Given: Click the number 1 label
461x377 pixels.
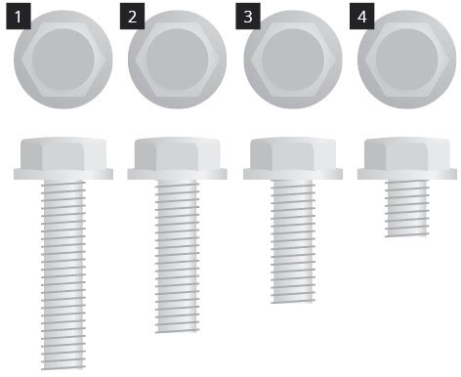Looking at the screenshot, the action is pos(19,17).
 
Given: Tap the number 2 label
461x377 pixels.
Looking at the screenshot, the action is pos(132,17).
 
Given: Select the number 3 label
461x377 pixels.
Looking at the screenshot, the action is pos(248,17).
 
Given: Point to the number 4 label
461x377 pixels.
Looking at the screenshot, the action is pos(362,17).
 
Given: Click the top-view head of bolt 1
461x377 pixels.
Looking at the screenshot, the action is pos(63,60).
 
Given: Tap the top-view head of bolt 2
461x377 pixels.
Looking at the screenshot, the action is pos(177,60).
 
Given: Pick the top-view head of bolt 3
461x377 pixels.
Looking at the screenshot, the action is pos(293,60).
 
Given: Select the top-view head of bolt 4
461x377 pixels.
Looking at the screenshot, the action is pos(407,60).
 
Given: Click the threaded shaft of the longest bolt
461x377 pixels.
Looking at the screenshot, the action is pos(63,274).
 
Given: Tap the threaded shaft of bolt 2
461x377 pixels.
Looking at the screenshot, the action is pos(178,256).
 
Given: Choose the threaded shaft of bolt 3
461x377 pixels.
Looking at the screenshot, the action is pos(293,241).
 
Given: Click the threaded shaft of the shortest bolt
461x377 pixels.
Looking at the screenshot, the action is pos(407,208).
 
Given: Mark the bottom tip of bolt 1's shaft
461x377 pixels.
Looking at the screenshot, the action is pos(63,369).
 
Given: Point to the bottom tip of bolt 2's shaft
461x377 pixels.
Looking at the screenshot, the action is pos(178,332).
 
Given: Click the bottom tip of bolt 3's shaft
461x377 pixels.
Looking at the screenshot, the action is pos(293,302).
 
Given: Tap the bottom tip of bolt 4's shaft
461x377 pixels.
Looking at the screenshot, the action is pos(407,235).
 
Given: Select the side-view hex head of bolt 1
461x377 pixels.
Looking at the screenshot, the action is pos(63,153).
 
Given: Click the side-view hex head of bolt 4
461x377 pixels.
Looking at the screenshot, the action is pos(407,153).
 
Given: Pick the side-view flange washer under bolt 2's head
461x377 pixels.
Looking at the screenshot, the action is pos(177,174).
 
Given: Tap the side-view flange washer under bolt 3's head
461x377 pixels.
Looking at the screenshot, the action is pos(293,174).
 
